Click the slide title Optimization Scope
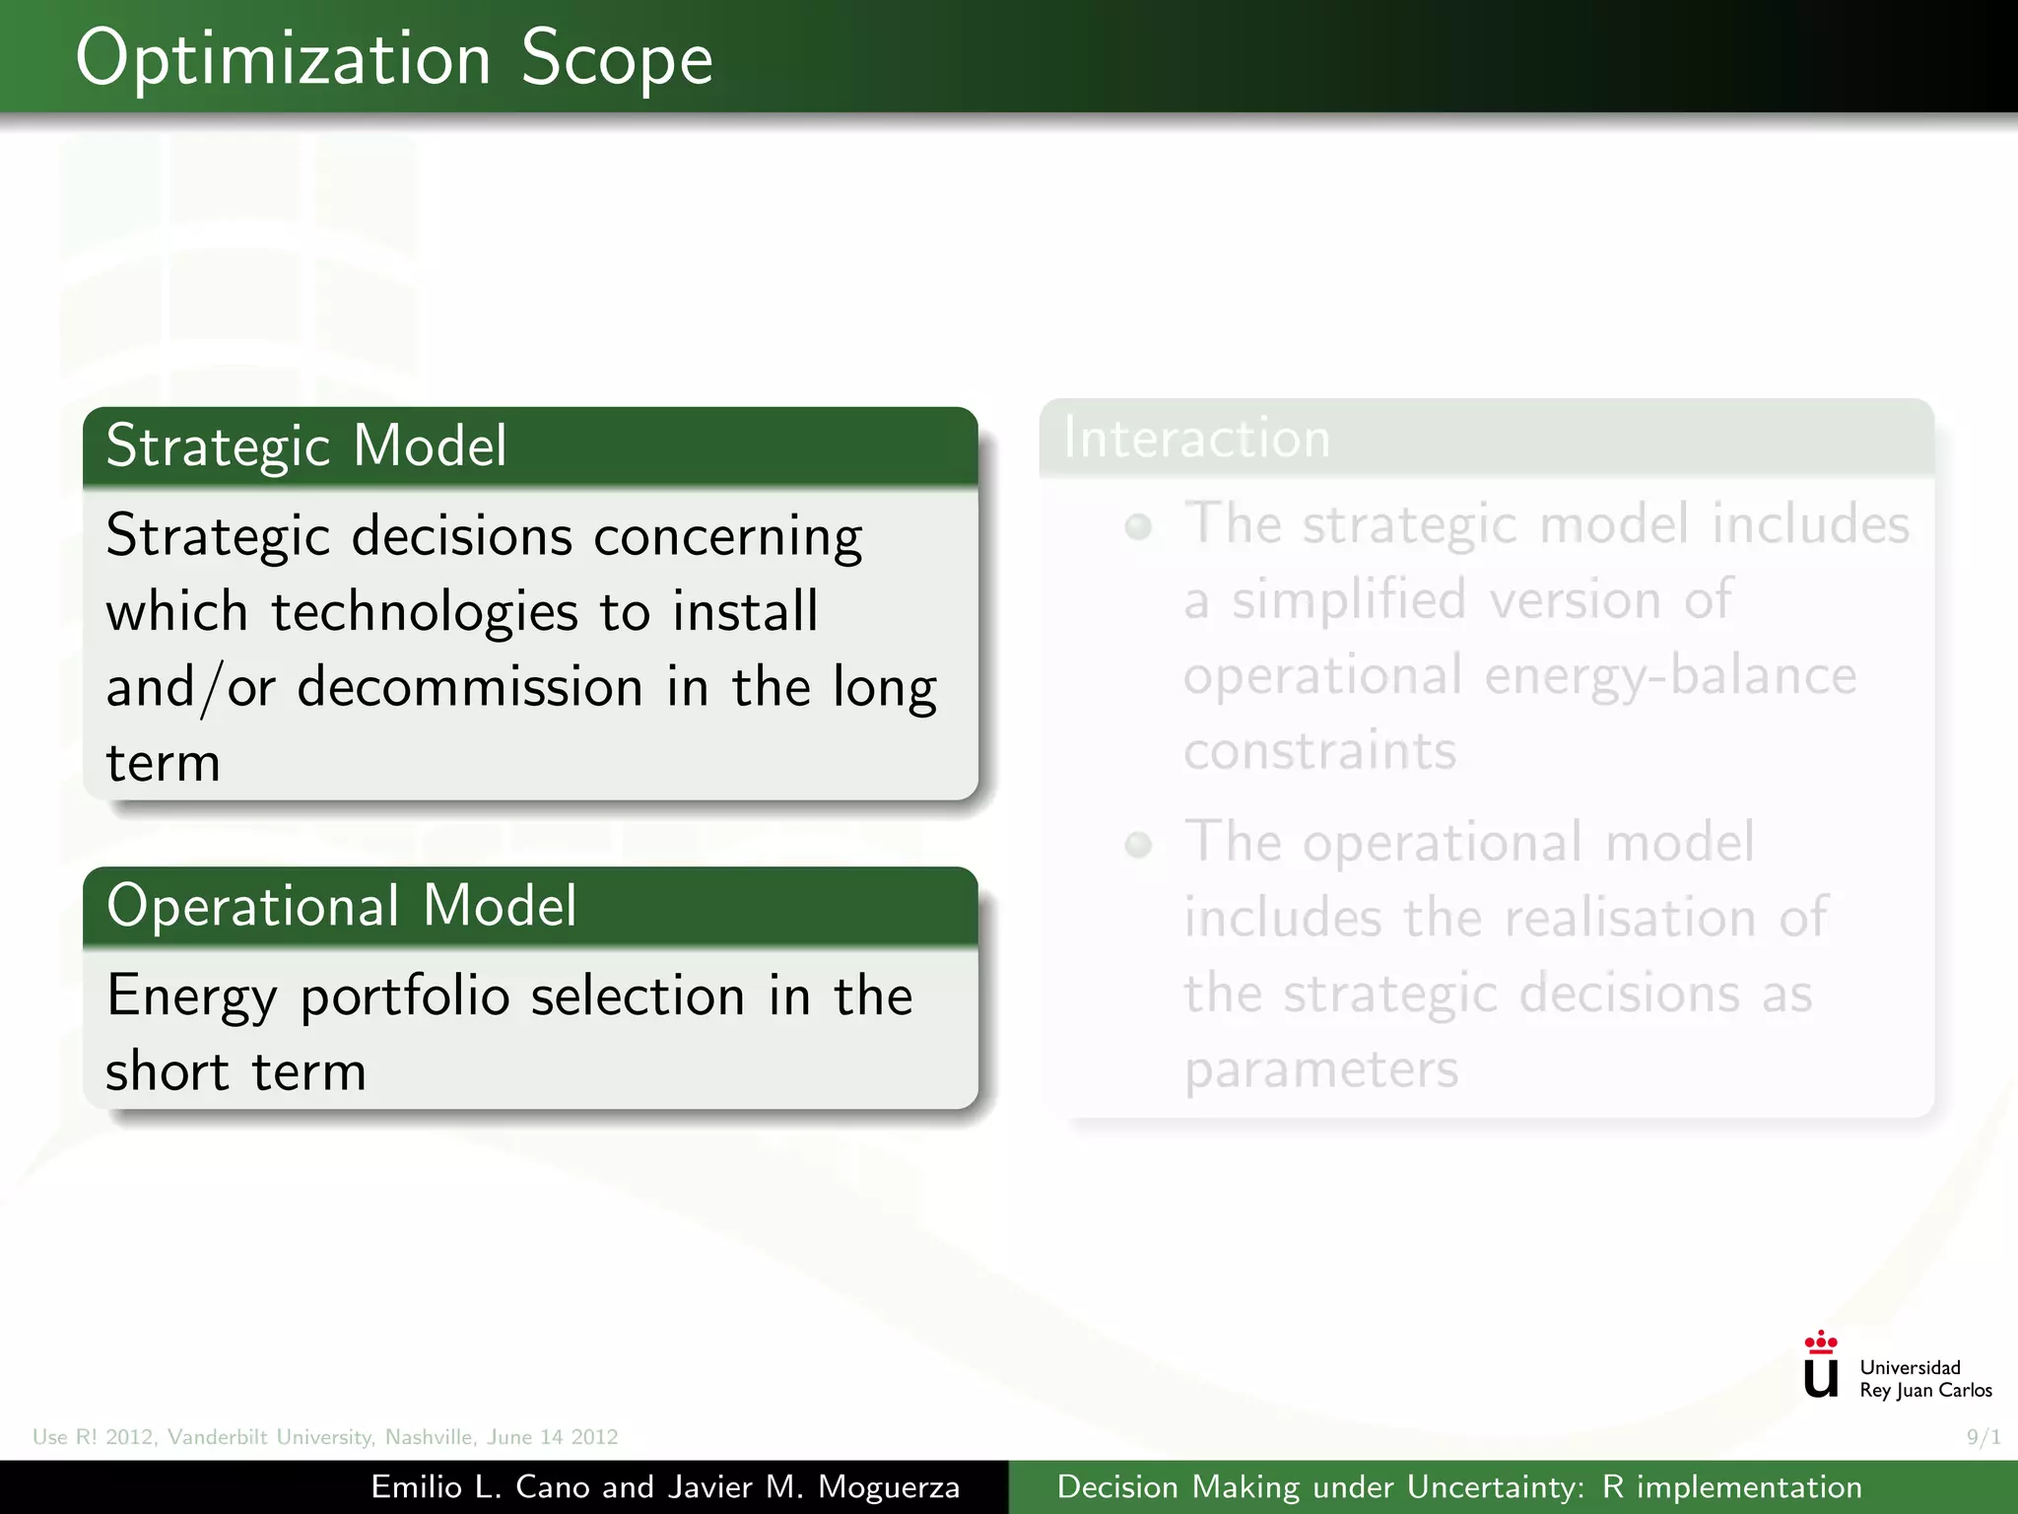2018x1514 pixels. pyautogui.click(x=394, y=59)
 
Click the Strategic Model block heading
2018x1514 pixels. pyautogui.click(x=306, y=446)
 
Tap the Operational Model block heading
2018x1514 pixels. pyautogui.click(x=341, y=906)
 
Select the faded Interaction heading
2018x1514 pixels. pyautogui.click(x=1196, y=439)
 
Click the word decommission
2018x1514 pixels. pyautogui.click(x=470, y=687)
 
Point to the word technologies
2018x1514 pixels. pyautogui.click(x=424, y=612)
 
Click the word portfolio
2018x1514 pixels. pyautogui.click(x=405, y=997)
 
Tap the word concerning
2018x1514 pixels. pyautogui.click(x=728, y=537)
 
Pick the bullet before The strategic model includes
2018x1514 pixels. pyautogui.click(x=1138, y=527)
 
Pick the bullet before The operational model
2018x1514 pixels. pyautogui.click(x=1138, y=845)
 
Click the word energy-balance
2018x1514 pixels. pyautogui.click(x=1670, y=676)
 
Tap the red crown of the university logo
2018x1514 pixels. pyautogui.click(x=1820, y=1342)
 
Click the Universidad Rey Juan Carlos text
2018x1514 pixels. pyautogui.click(x=1924, y=1379)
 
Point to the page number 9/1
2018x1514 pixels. pyautogui.click(x=1983, y=1437)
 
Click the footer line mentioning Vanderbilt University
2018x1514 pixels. pyautogui.click(x=325, y=1437)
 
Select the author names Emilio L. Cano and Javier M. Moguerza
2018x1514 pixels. pyautogui.click(x=665, y=1487)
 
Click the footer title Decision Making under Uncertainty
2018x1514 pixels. pyautogui.click(x=1458, y=1487)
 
